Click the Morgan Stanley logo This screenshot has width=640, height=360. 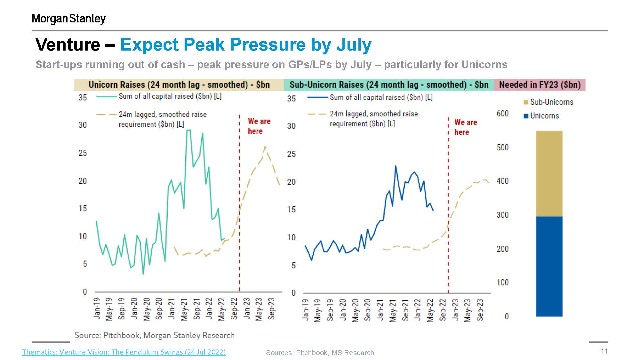point(68,19)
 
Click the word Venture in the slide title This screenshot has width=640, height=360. point(68,44)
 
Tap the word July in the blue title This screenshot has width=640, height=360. point(354,44)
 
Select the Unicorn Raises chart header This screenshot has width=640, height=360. point(179,85)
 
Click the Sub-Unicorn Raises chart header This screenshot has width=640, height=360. point(389,85)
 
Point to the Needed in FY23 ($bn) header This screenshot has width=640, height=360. point(540,85)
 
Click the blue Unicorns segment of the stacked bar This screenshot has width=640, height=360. point(549,266)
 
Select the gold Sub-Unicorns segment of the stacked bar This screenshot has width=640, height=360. point(549,173)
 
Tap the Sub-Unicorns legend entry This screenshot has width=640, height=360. point(548,102)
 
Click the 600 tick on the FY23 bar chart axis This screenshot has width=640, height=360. point(502,114)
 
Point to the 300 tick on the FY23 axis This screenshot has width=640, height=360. point(502,215)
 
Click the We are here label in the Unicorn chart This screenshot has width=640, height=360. point(259,126)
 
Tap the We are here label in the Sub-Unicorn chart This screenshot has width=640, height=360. point(465,127)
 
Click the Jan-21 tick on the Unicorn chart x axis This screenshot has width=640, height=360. point(172,308)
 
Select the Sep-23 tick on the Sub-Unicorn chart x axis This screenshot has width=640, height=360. point(480,309)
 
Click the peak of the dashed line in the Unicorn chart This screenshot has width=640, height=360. point(265,147)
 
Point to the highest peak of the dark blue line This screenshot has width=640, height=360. point(396,166)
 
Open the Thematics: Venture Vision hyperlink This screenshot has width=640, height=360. point(124,352)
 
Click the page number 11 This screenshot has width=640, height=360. point(604,351)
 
